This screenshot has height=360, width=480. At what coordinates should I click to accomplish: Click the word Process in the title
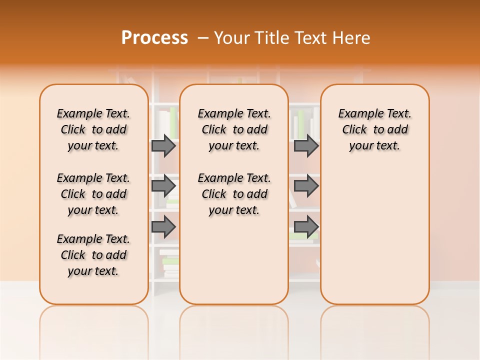pos(154,37)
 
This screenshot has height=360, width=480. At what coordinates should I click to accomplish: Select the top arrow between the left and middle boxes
pos(163,145)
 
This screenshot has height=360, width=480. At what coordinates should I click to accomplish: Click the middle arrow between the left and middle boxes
pos(163,186)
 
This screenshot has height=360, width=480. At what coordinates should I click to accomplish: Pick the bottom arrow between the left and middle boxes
pos(163,226)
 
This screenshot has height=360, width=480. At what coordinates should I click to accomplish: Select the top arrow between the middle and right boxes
pos(306,145)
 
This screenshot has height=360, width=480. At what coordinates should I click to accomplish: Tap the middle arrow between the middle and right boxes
pos(306,186)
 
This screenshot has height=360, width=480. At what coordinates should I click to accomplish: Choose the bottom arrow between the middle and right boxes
pos(306,226)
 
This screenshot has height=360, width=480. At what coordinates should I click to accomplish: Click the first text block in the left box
pos(93,129)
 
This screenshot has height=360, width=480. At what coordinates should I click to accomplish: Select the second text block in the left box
pos(93,194)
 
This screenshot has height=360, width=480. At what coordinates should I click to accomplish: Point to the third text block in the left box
pos(93,255)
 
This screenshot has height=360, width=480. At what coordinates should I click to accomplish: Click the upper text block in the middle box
pos(234,129)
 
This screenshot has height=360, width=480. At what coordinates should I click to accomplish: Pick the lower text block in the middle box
pos(234,194)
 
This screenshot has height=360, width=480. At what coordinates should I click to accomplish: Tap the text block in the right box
pos(374,129)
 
